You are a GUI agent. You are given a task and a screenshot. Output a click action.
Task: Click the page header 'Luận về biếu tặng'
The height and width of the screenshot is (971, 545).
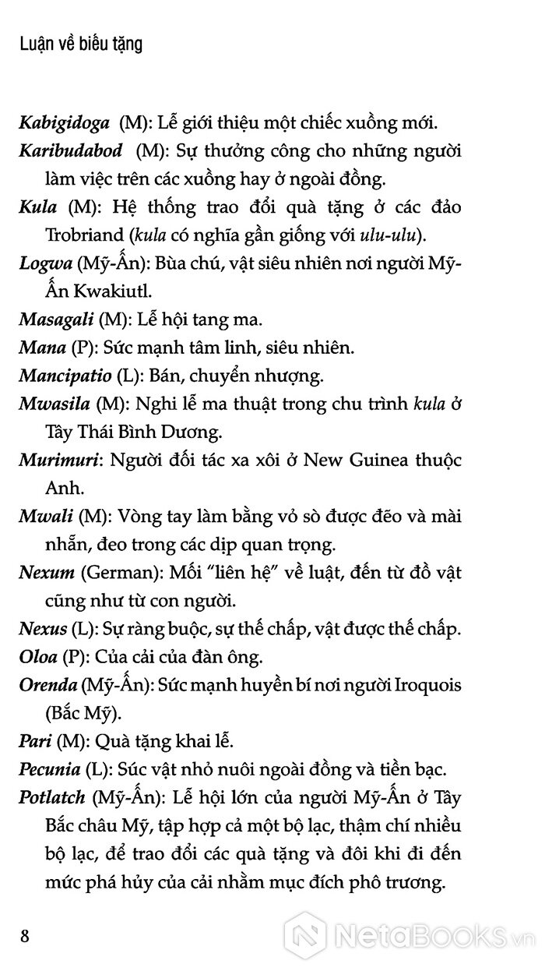(x=81, y=46)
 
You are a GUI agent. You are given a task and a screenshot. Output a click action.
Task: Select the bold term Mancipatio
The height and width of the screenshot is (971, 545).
(x=65, y=380)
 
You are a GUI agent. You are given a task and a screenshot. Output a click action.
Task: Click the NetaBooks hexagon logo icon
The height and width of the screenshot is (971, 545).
(x=304, y=934)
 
